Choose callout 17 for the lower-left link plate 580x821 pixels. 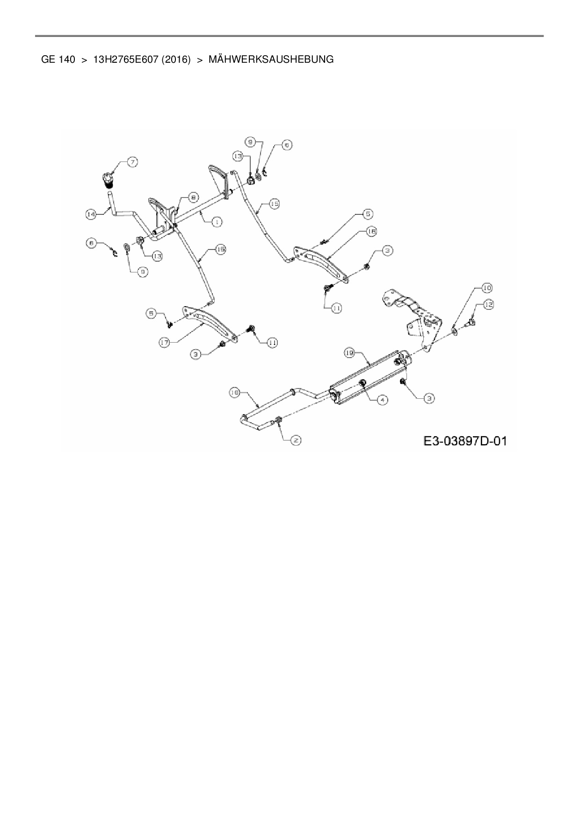(164, 343)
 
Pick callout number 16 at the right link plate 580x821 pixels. (372, 231)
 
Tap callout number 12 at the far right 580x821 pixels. (488, 305)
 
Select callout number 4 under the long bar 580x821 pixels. (383, 400)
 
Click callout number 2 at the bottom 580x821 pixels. (296, 440)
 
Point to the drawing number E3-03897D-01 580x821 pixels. (465, 441)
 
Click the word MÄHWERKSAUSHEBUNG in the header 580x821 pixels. (271, 59)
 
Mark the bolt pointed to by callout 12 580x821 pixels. (471, 322)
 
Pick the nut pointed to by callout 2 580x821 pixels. (279, 420)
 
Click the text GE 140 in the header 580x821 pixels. (58, 59)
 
